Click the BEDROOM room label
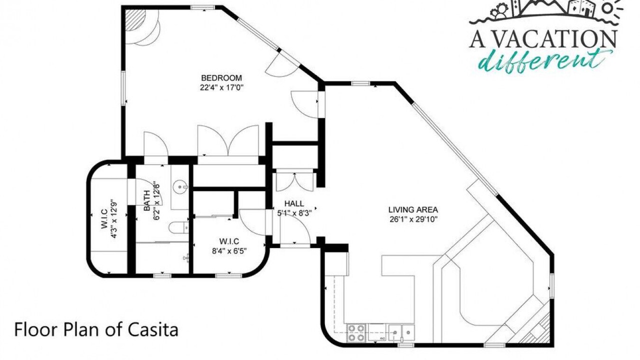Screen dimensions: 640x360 [x=221, y=77]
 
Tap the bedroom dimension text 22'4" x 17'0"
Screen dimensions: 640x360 [x=221, y=87]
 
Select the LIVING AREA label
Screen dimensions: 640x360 [x=413, y=209]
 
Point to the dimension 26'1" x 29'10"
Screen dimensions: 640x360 [x=413, y=219]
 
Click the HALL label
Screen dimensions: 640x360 [x=294, y=203]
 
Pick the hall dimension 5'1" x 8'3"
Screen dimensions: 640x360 [x=294, y=213]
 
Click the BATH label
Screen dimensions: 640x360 [x=147, y=200]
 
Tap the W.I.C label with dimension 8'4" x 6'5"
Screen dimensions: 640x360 [x=229, y=241]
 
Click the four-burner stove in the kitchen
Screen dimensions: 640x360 [x=356, y=333]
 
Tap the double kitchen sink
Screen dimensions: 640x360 [x=401, y=333]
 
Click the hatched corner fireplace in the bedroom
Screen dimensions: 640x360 [x=133, y=20]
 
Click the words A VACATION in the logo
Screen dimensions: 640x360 [x=542, y=39]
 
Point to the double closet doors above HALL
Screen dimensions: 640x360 [x=294, y=182]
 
